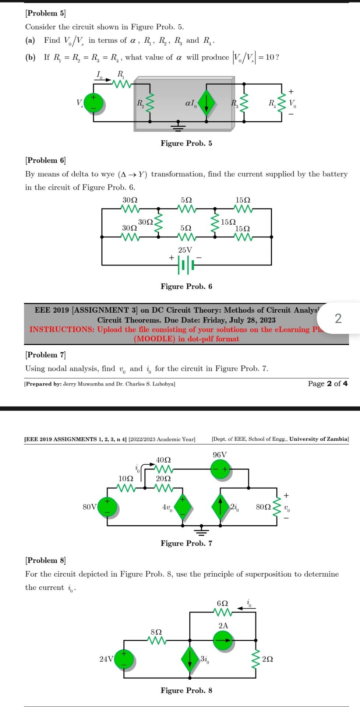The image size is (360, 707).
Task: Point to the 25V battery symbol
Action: (x=186, y=265)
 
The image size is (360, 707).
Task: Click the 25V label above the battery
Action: (x=185, y=250)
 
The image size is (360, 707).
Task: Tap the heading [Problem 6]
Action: (x=45, y=160)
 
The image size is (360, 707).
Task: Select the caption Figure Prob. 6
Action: (x=186, y=286)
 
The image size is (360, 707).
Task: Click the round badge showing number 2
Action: (x=338, y=318)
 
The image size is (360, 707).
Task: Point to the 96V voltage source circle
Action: (x=220, y=469)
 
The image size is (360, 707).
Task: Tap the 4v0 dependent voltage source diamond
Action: (x=183, y=507)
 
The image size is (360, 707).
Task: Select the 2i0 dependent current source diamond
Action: (x=220, y=507)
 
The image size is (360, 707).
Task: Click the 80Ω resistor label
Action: (x=263, y=507)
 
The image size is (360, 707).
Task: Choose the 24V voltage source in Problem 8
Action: (x=124, y=659)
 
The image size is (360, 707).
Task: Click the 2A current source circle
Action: (x=223, y=640)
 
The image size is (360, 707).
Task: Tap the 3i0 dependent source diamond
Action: (x=190, y=659)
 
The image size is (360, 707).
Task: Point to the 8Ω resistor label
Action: (x=156, y=632)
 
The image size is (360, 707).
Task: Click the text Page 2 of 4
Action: (x=328, y=384)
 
